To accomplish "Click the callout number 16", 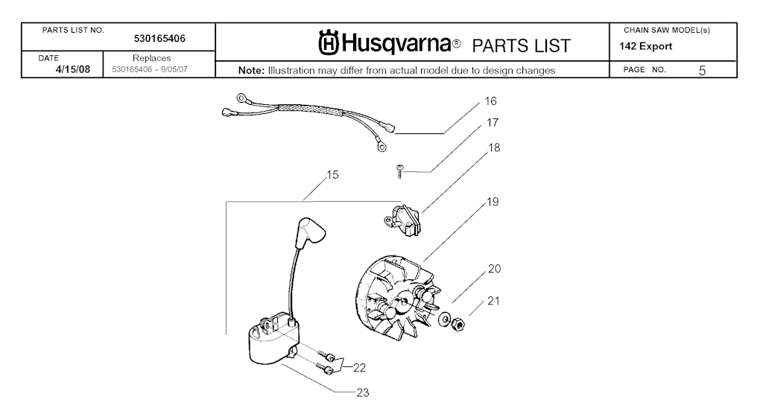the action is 490,101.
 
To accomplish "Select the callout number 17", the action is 493,122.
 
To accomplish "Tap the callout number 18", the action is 494,147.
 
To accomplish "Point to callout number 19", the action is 493,202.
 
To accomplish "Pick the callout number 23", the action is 363,392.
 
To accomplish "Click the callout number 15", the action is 332,174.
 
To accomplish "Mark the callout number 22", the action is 359,368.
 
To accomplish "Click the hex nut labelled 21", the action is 458,322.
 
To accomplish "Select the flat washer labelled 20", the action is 444,319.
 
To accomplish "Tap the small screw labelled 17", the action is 399,171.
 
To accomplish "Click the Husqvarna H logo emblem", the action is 329,42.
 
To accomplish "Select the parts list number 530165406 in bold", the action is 159,39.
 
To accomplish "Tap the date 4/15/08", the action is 73,69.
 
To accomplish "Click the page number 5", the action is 702,71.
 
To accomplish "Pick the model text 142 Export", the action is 646,47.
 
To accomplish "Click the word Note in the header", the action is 251,71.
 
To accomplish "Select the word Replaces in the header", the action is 152,58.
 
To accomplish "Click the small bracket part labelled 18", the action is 402,219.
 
